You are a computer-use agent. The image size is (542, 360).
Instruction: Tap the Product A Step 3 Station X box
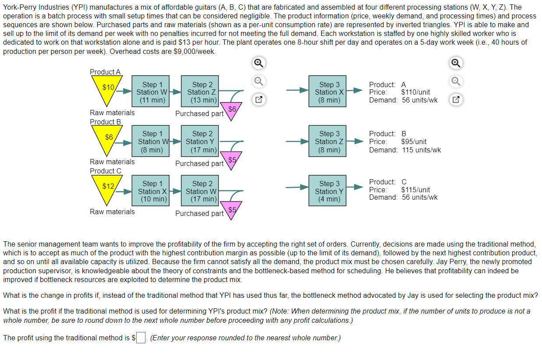click(x=329, y=92)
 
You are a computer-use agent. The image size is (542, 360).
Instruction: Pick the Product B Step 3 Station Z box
click(x=329, y=141)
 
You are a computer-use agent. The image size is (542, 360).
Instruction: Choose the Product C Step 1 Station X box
click(x=152, y=191)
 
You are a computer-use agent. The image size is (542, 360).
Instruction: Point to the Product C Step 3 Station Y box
click(x=329, y=191)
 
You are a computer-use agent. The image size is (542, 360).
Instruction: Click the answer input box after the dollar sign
click(x=141, y=338)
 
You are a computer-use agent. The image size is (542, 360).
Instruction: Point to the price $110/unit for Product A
click(x=415, y=92)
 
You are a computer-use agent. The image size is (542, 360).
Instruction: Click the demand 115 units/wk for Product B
click(x=421, y=150)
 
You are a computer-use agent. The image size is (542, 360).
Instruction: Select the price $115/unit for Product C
click(x=415, y=190)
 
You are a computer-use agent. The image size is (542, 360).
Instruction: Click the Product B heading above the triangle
click(x=105, y=122)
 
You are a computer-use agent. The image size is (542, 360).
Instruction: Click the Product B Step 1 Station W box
click(x=152, y=141)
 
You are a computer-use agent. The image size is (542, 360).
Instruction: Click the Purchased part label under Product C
click(x=199, y=213)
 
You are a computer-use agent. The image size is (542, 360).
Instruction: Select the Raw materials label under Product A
click(x=112, y=113)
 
